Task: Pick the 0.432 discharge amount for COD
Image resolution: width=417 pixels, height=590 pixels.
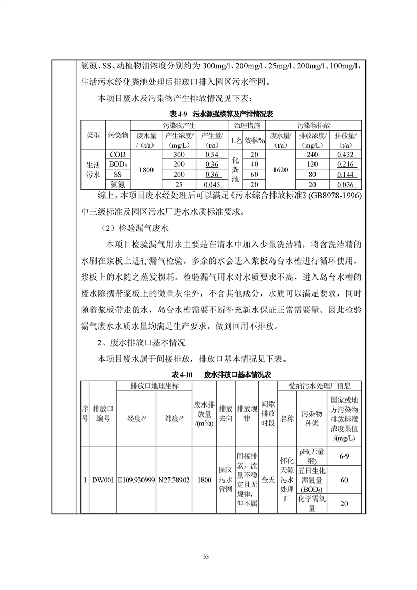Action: pos(346,155)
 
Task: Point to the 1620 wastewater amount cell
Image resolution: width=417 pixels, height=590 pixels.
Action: pos(281,169)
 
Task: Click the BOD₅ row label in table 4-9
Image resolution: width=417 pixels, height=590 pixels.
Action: pos(117,165)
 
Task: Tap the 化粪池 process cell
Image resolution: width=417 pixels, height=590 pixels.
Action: pos(235,169)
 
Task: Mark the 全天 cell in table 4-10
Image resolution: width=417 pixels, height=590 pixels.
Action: pos(268,480)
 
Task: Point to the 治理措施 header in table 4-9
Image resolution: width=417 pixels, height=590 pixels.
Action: pos(245,125)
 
